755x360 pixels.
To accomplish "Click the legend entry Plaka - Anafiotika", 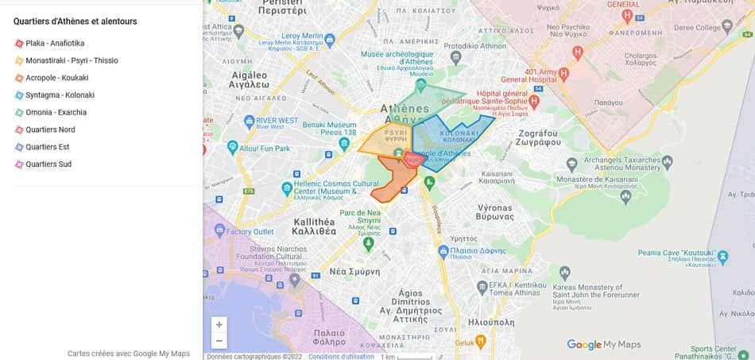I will click(x=54, y=43).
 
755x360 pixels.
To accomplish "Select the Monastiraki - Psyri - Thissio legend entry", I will click(x=72, y=60).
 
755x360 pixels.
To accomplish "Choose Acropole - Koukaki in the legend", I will click(x=56, y=78).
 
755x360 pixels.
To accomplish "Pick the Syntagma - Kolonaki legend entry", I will click(x=60, y=95).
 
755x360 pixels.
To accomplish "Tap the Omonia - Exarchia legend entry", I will click(x=56, y=112).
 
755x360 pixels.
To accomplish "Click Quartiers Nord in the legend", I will click(x=50, y=130).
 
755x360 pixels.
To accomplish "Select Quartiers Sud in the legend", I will click(x=48, y=165).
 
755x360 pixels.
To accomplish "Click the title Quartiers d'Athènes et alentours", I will click(x=75, y=21).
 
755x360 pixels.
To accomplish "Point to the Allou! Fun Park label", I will click(x=262, y=148).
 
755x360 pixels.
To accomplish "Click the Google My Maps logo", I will click(x=604, y=344).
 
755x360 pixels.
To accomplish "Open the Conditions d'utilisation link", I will click(x=341, y=356).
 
